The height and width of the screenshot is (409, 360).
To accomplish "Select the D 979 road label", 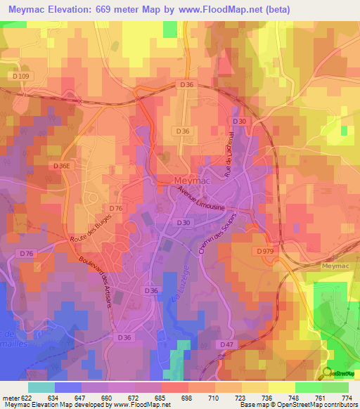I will coord(265,251).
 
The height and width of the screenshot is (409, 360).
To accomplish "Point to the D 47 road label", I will coord(226,344).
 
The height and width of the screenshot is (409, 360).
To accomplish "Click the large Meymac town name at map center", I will coord(188,181).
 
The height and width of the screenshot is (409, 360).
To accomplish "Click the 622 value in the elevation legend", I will coord(25,398).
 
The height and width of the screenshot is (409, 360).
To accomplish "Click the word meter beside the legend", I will coord(9,398).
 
